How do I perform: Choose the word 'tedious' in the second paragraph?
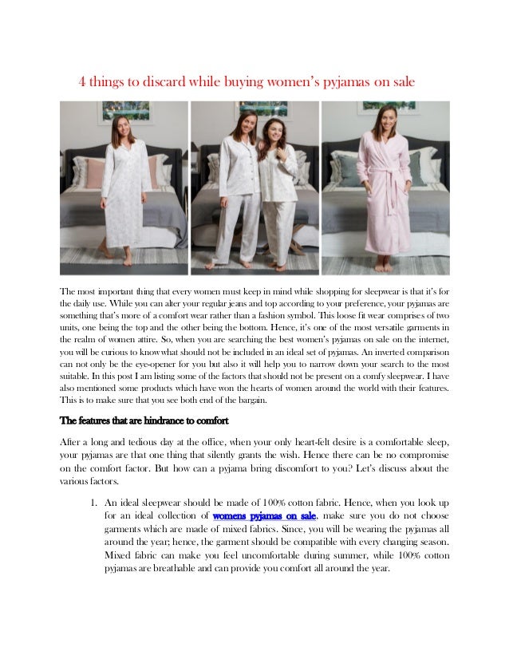[136, 442]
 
